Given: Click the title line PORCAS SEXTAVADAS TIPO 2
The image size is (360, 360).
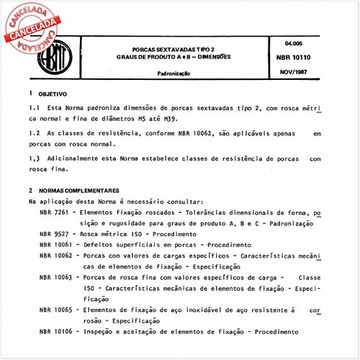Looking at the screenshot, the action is (172, 48).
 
